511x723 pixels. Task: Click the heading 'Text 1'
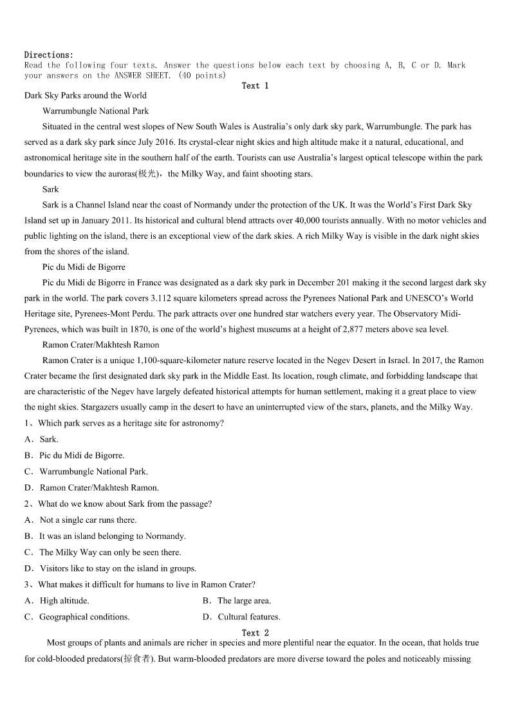(255, 86)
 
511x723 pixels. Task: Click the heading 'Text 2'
(255, 633)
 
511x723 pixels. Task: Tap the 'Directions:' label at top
(49, 55)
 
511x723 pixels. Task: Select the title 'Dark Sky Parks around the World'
(86, 95)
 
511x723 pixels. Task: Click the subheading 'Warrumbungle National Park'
(95, 111)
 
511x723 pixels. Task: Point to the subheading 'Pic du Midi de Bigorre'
(84, 267)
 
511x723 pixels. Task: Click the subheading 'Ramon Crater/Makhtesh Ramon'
(100, 345)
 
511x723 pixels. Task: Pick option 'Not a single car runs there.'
(88, 520)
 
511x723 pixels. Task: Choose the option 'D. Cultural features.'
(241, 617)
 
